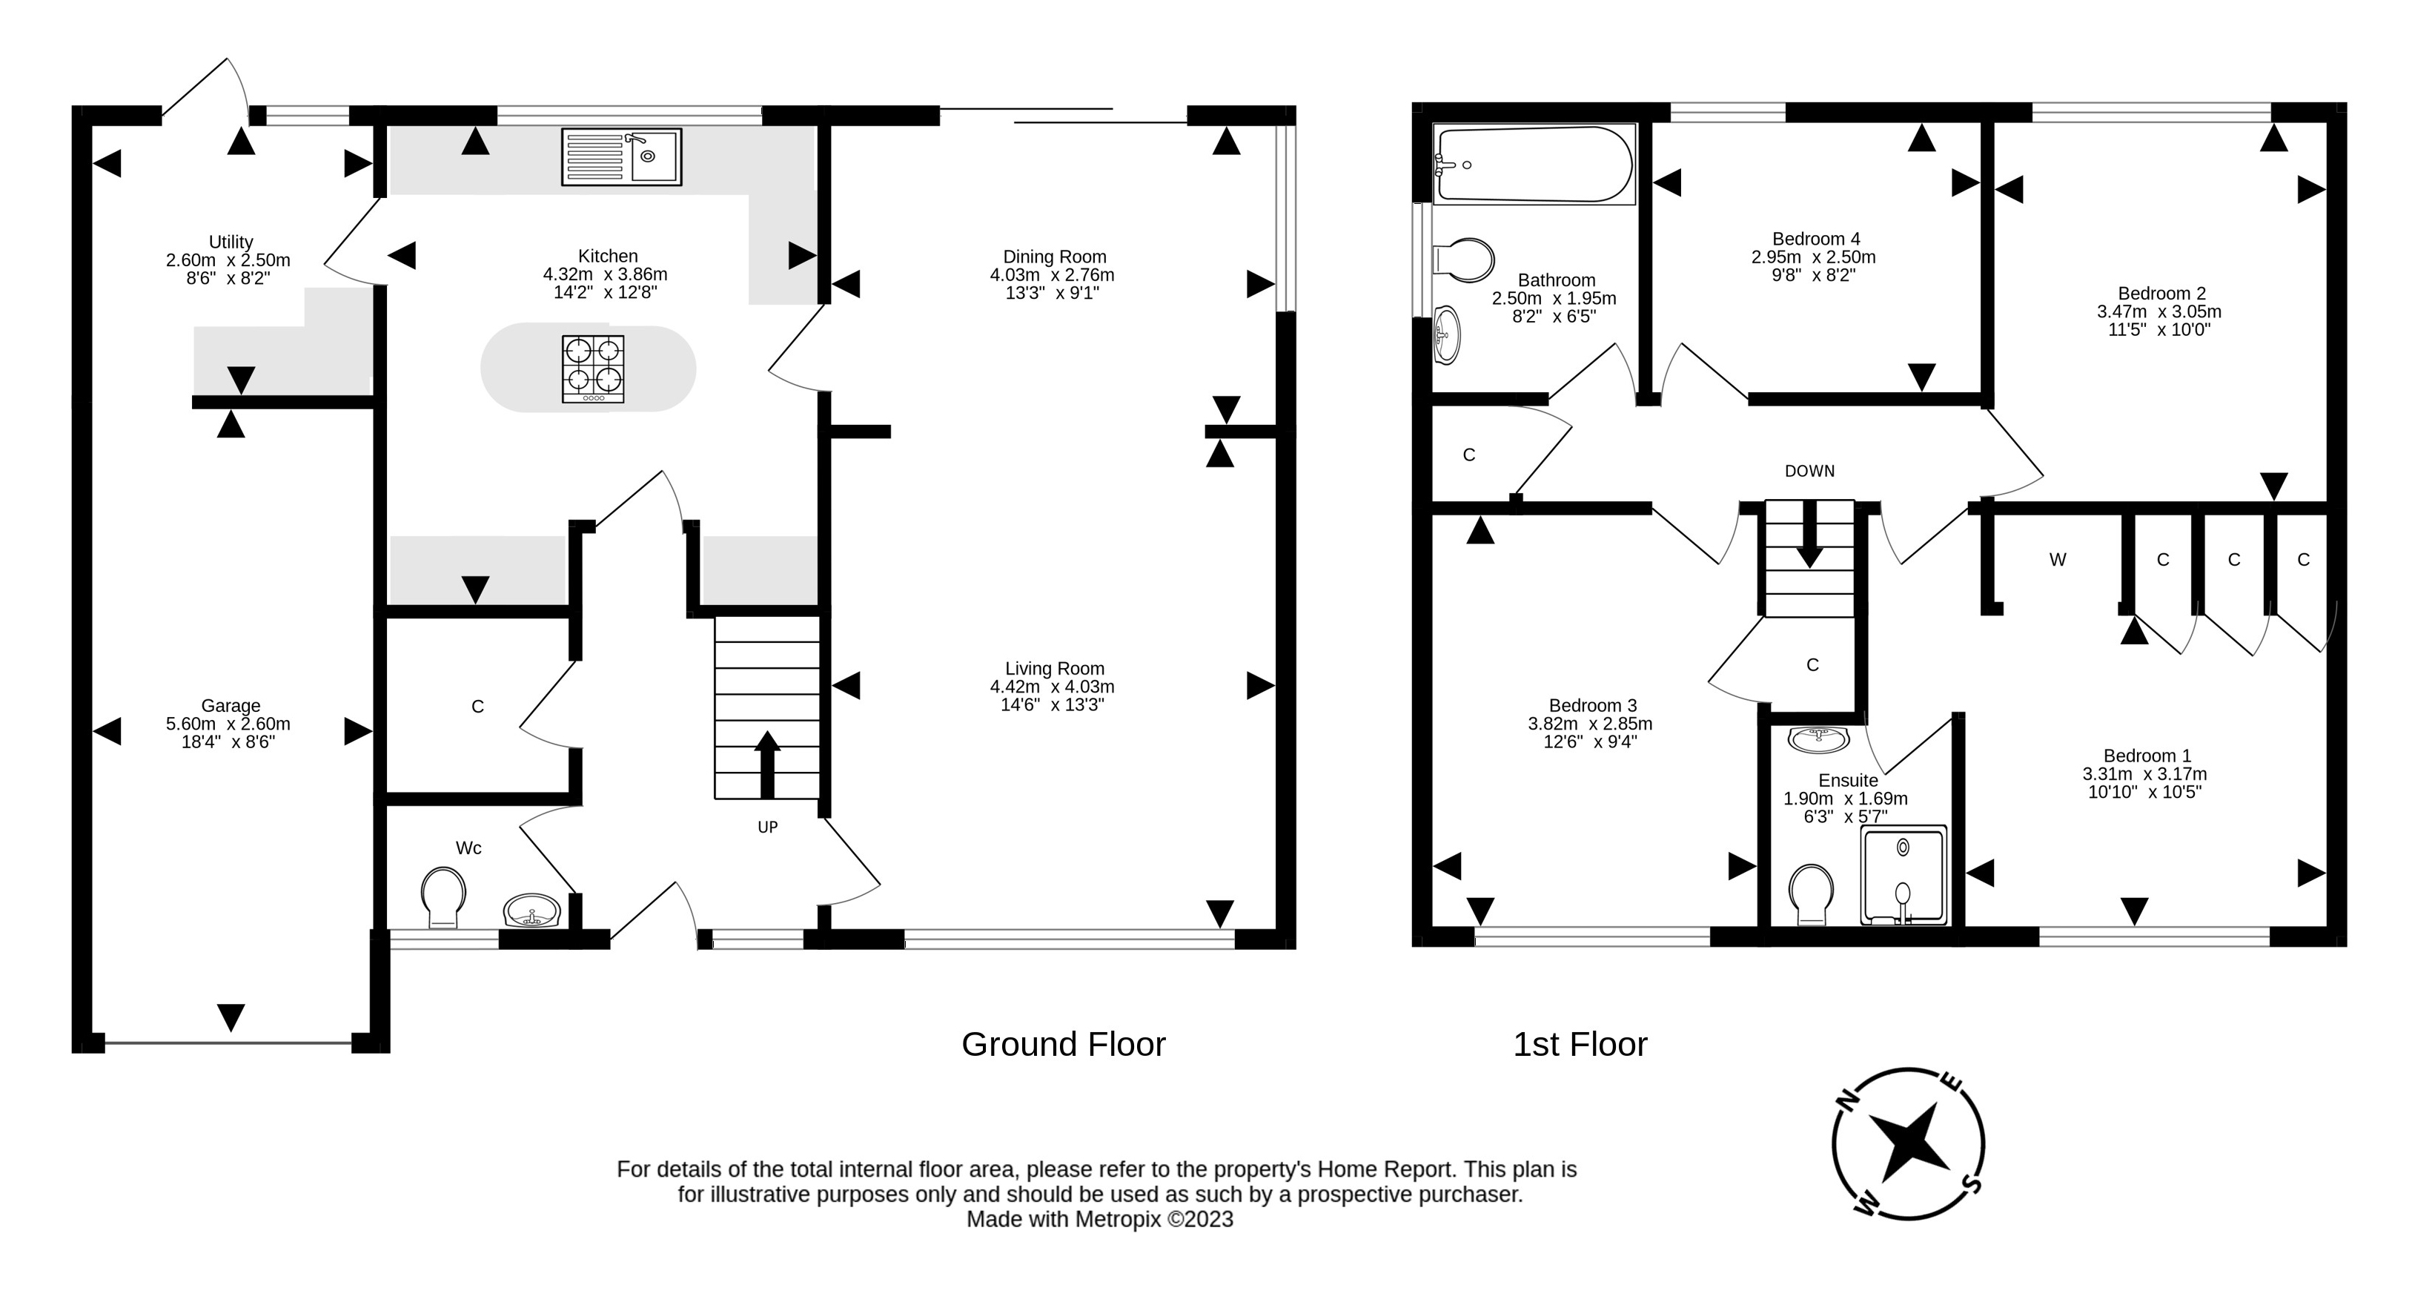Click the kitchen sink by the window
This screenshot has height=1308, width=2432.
621,156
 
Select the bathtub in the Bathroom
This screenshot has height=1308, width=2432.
1534,165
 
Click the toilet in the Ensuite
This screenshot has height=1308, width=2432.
1811,894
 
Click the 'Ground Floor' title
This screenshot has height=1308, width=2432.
1063,1043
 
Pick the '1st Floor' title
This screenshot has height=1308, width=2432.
1580,1043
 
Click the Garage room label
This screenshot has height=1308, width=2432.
231,705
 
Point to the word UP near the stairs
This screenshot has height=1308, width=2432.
768,828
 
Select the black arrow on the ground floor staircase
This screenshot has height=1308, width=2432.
766,764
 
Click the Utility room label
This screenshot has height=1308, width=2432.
231,242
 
